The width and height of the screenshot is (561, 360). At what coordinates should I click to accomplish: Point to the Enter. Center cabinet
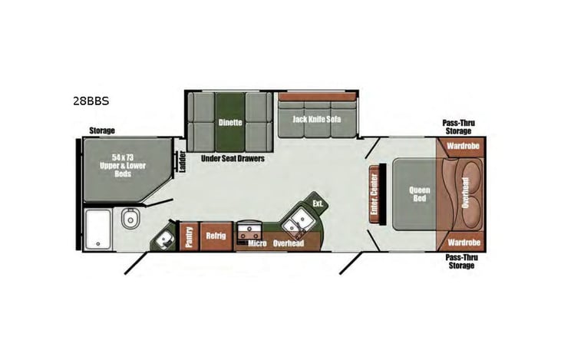click(376, 193)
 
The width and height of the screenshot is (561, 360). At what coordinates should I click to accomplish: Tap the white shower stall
click(99, 228)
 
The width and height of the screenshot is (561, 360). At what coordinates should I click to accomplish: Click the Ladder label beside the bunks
click(182, 163)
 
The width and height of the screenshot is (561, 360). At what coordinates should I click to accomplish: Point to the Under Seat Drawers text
click(232, 159)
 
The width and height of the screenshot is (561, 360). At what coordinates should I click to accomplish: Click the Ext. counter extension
click(317, 203)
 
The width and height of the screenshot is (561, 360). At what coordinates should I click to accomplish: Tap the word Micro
click(256, 244)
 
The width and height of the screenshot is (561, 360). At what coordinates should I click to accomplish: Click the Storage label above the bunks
click(102, 130)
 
